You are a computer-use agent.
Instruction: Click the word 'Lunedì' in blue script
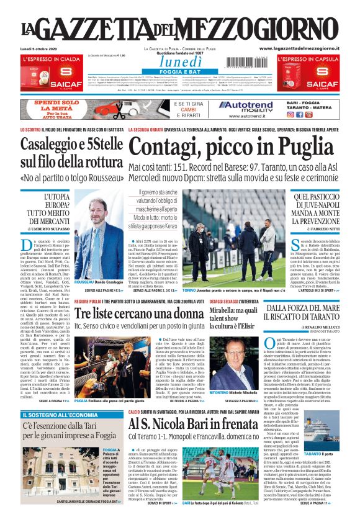coord(181,62)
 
